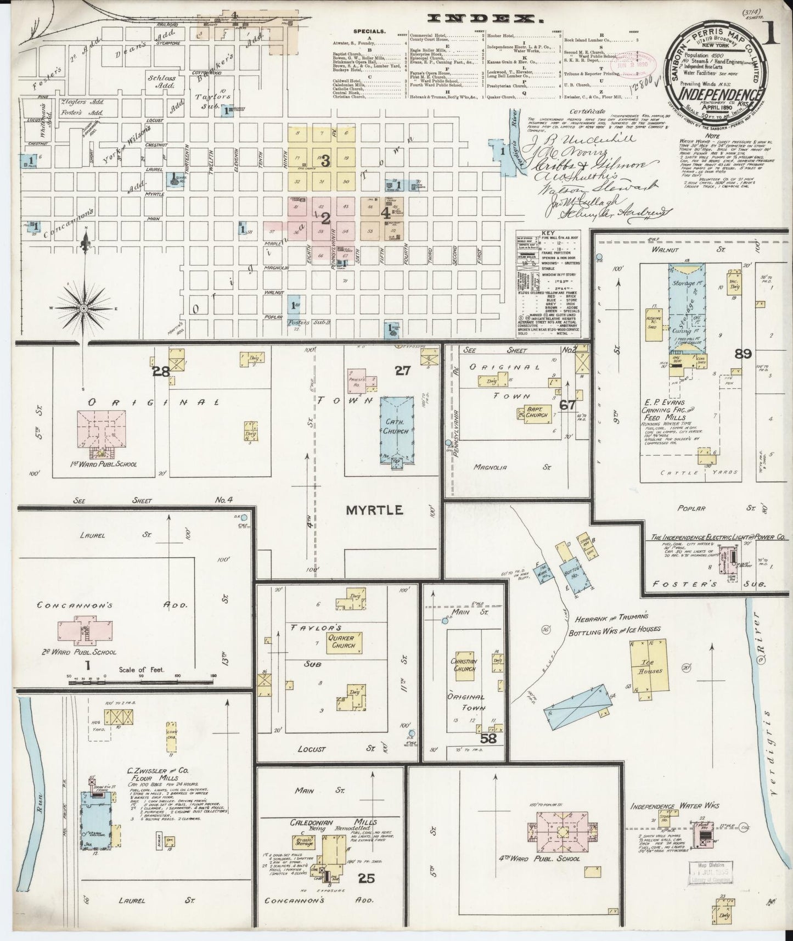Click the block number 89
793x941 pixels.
point(744,354)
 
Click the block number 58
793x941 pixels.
point(488,738)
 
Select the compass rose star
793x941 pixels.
point(83,309)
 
